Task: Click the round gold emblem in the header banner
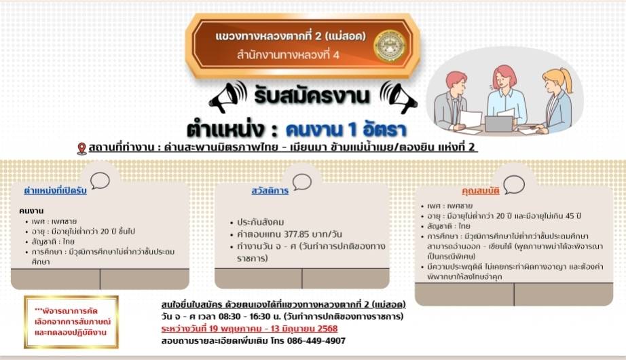389,46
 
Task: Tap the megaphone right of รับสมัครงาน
399,97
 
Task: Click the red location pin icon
81,149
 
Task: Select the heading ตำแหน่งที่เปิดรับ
55,191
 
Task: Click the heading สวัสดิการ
270,191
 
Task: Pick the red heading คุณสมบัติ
480,191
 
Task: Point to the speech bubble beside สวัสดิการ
302,182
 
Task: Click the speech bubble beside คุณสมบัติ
514,185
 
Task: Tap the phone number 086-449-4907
316,341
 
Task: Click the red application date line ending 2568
250,329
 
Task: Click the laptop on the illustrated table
499,124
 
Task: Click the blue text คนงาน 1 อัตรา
346,130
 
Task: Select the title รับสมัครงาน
312,96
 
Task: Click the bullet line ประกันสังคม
260,222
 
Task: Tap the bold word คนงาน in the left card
31,211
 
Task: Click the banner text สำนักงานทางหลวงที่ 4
288,55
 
